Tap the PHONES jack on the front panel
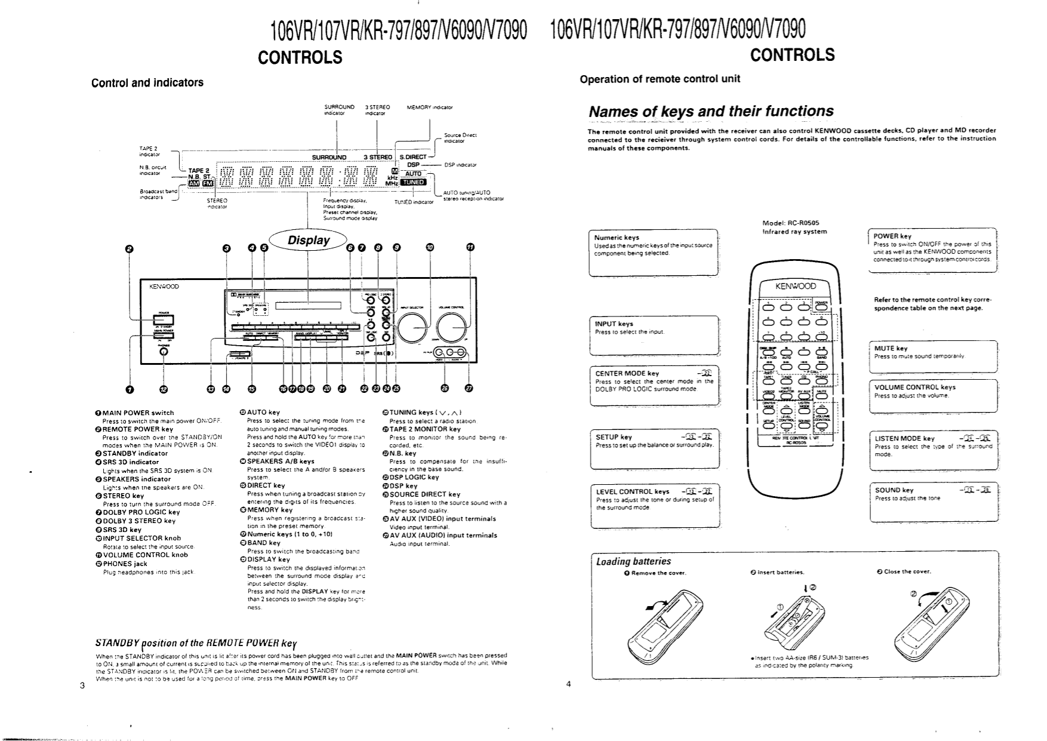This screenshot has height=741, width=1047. coord(164,352)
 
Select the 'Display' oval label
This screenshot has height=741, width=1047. coord(309,241)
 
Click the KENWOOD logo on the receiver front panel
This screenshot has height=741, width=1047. coord(164,287)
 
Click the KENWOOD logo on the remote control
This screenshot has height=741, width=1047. coord(796,286)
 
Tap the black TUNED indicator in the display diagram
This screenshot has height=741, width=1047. coord(414,182)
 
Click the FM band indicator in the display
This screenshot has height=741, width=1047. coord(207,184)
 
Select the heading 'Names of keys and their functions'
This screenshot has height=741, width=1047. coord(711,112)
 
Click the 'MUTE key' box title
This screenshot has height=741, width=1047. coord(891,348)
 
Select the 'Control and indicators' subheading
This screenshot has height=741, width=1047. coord(147,82)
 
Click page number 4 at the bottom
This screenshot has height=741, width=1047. coord(568,684)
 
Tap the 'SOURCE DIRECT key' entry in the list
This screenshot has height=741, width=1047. coord(424,494)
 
